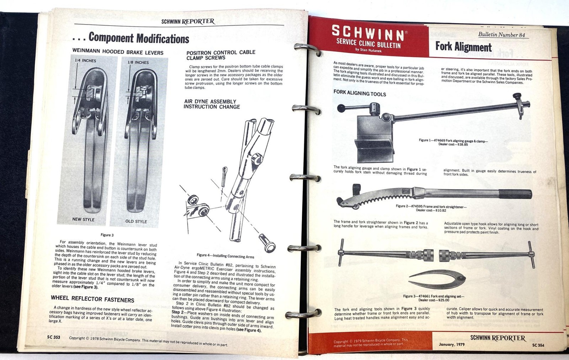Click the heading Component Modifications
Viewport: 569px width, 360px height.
point(139,38)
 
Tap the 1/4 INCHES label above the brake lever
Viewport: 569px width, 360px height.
point(85,60)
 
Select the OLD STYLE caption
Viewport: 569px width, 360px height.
point(136,221)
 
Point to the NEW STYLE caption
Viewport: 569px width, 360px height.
point(83,219)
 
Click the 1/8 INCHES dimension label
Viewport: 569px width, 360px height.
point(138,62)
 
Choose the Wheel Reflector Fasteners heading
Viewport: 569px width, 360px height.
point(92,299)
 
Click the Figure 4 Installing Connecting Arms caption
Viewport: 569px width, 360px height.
point(225,256)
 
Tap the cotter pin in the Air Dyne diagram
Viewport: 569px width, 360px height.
point(224,177)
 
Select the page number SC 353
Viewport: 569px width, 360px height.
point(54,337)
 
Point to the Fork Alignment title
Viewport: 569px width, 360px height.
point(463,47)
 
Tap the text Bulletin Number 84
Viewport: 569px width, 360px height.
point(501,34)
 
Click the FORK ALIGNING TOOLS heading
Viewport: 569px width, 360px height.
point(360,93)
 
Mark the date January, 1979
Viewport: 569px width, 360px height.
point(452,344)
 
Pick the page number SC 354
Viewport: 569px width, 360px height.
point(538,345)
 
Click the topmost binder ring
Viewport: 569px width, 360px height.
point(308,49)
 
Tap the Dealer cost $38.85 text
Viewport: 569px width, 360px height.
point(453,145)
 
